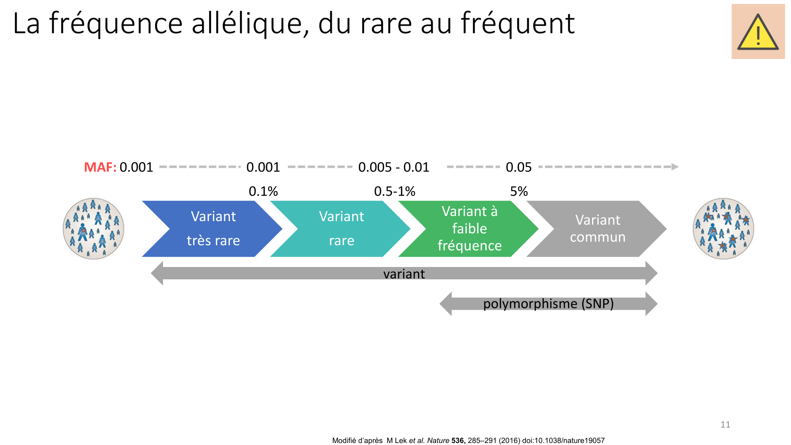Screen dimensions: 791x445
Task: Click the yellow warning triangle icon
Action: pos(758,32)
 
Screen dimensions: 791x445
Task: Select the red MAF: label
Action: pos(100,167)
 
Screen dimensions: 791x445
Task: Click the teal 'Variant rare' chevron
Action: pos(341,229)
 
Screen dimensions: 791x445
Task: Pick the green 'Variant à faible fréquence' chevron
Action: pos(469,229)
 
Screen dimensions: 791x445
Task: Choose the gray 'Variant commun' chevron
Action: pos(597,229)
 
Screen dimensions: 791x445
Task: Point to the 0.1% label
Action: pos(263,191)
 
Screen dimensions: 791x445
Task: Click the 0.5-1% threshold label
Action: pos(395,191)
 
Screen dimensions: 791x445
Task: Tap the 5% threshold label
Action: pos(519,191)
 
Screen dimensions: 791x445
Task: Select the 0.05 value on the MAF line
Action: pos(519,167)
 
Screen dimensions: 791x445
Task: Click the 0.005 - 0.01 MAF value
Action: pos(394,167)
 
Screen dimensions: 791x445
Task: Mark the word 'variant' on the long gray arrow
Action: pos(404,274)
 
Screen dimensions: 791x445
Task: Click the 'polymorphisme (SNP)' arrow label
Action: pos(549,304)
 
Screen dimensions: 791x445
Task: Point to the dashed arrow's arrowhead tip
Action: pos(679,167)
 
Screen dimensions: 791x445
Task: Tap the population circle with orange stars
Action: pos(723,229)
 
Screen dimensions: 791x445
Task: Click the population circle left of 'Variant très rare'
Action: pos(93,229)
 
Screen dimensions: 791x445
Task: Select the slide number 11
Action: pos(725,424)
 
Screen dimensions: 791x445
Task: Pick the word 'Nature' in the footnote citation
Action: pos(438,441)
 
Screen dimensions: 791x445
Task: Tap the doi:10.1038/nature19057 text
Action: pos(563,441)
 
